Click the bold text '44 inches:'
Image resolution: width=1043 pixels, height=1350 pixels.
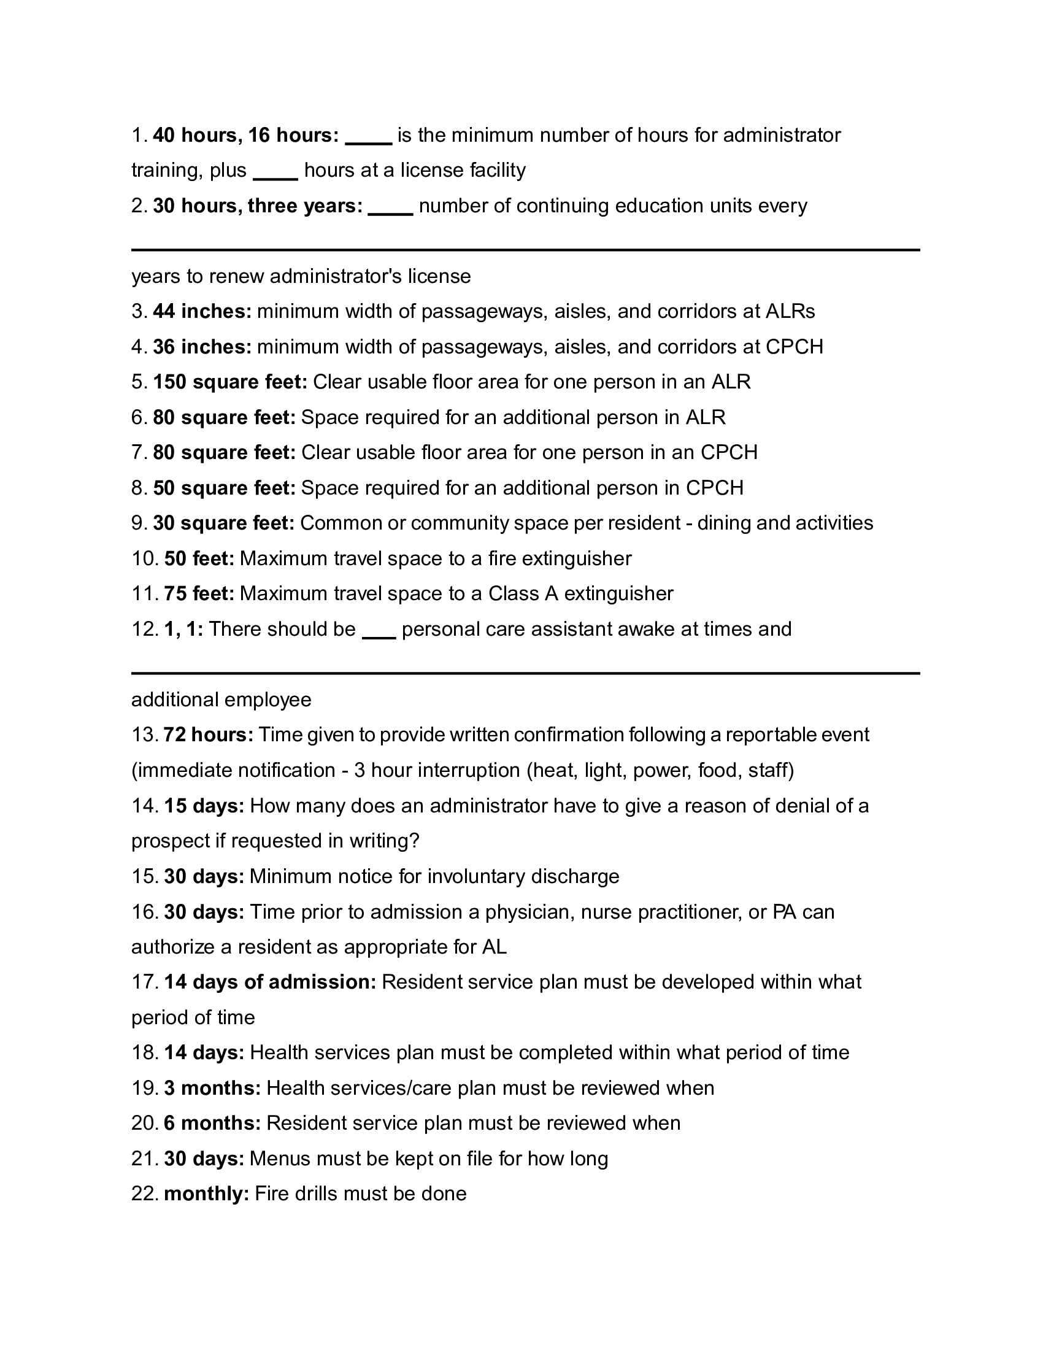202,312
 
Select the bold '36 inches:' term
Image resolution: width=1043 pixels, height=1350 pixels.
202,347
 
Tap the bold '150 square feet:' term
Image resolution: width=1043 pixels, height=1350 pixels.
230,382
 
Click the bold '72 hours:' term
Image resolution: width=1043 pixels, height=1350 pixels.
208,735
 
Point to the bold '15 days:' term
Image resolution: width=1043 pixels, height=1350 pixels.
204,806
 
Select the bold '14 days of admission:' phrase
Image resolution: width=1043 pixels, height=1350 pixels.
270,982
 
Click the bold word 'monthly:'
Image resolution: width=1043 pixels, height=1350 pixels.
206,1194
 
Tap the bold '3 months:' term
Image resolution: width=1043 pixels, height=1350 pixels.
212,1088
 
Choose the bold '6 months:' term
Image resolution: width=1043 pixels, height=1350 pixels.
212,1123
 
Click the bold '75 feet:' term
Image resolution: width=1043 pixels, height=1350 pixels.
199,594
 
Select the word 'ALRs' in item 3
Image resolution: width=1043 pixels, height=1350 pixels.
790,312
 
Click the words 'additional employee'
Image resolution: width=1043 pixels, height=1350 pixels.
221,700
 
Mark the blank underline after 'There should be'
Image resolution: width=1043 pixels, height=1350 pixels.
379,637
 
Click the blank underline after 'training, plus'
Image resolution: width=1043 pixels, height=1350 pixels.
275,178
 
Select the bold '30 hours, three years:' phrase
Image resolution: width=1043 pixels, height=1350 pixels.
258,206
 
